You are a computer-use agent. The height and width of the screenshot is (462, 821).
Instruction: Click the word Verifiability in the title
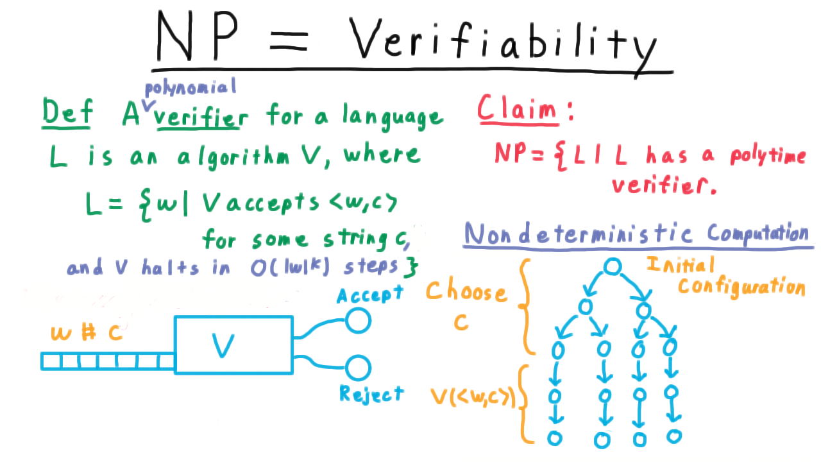click(x=502, y=42)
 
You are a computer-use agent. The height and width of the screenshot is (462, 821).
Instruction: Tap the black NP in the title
click(x=197, y=35)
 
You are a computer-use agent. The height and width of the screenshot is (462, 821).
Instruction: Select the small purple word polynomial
click(x=190, y=88)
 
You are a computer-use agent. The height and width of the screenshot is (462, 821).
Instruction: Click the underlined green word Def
click(x=67, y=112)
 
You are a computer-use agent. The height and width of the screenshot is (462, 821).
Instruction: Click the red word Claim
click(x=517, y=108)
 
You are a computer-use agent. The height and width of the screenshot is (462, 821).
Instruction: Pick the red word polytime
click(x=768, y=156)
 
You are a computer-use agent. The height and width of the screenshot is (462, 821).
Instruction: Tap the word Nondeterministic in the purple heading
click(x=579, y=234)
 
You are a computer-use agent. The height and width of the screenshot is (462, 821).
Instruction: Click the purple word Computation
click(x=758, y=234)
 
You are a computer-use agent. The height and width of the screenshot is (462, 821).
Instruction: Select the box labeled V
click(x=234, y=316)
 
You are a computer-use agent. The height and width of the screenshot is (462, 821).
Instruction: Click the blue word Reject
click(x=371, y=394)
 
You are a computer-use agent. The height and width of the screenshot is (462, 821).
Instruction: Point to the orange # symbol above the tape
click(x=89, y=332)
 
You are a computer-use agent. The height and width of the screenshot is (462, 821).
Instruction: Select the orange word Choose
click(x=466, y=292)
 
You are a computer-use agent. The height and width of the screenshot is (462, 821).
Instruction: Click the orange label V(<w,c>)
click(x=473, y=397)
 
